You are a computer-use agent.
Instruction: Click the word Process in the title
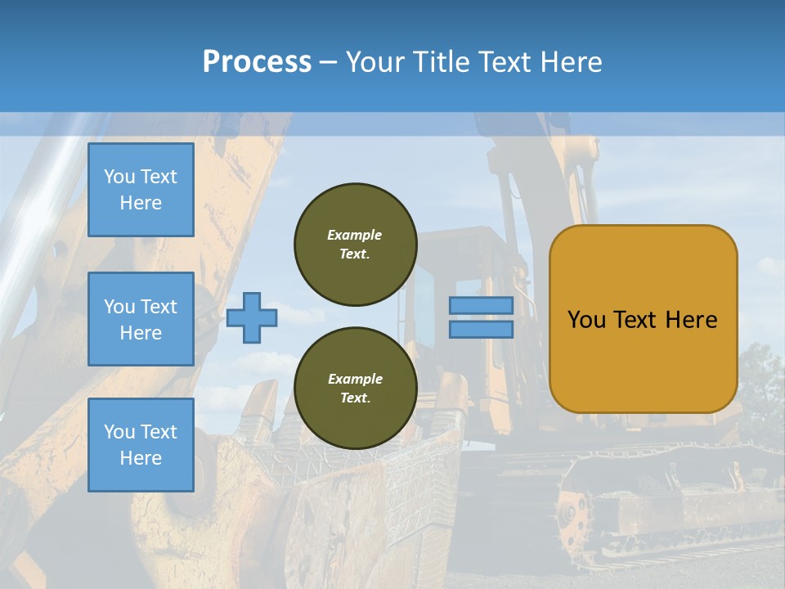coord(257,62)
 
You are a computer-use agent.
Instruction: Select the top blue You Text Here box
coord(141,190)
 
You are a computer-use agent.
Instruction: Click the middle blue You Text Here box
coord(141,319)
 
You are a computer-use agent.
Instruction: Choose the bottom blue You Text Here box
coord(141,445)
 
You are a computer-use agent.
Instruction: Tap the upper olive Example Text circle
coord(355,245)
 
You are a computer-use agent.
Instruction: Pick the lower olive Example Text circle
coord(355,389)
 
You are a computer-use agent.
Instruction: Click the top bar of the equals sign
coord(481,306)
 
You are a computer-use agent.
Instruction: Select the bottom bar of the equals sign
coord(481,330)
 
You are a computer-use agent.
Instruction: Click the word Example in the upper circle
coord(355,235)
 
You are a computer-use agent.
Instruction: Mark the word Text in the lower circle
coord(355,398)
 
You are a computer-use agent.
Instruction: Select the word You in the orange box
coord(585,320)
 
